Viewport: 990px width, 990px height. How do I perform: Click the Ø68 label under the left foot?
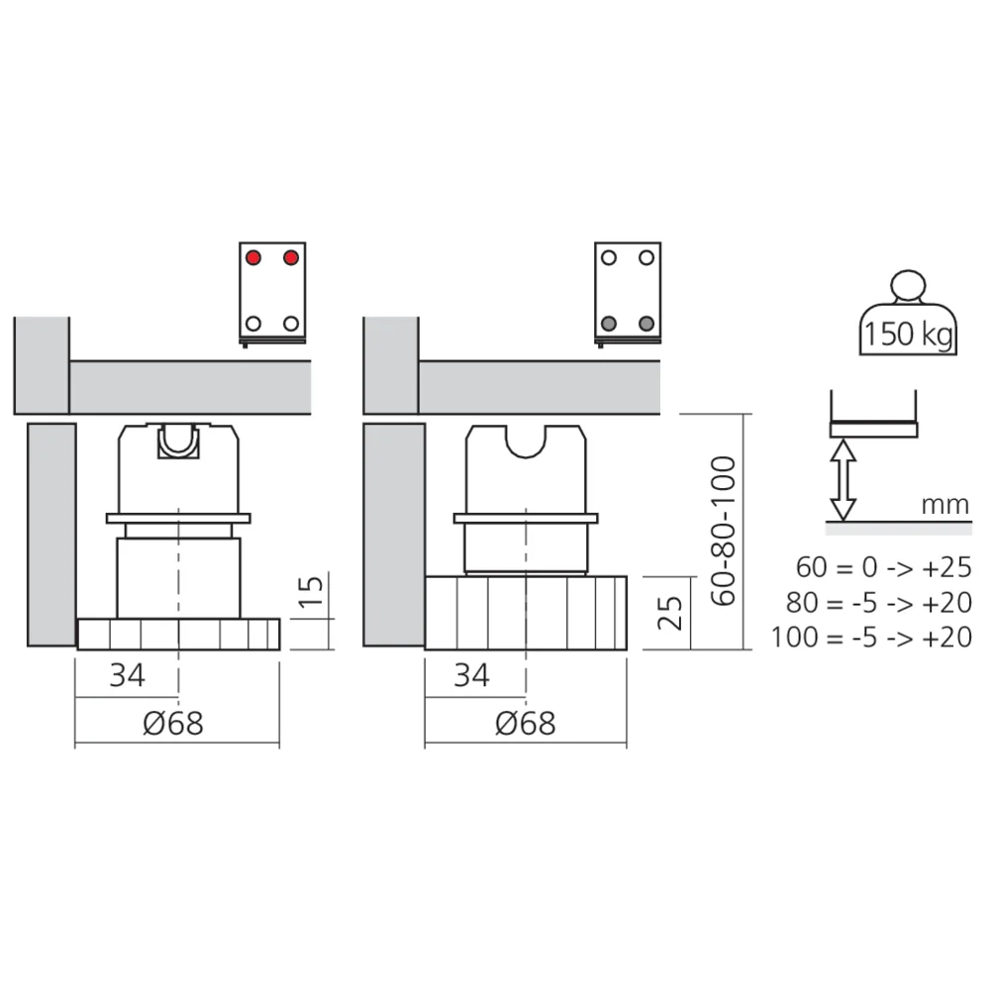tap(172, 724)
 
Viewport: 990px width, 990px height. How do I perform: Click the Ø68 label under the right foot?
tap(524, 724)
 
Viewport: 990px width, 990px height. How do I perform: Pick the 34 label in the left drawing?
tap(127, 676)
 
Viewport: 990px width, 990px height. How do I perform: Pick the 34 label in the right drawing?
tap(471, 676)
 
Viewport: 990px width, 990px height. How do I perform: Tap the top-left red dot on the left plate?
tap(253, 257)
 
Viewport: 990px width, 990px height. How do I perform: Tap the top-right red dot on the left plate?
tap(291, 257)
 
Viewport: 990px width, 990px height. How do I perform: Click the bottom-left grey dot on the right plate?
tap(609, 323)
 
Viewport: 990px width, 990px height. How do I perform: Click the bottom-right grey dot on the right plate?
tap(646, 323)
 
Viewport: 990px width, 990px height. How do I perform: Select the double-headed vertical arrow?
tap(842, 480)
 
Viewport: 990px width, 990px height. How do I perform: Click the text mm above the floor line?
tap(944, 505)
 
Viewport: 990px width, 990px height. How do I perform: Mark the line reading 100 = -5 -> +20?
tap(872, 637)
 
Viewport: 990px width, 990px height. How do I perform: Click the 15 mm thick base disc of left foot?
tap(178, 634)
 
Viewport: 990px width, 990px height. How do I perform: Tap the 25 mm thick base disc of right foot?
tap(526, 613)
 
